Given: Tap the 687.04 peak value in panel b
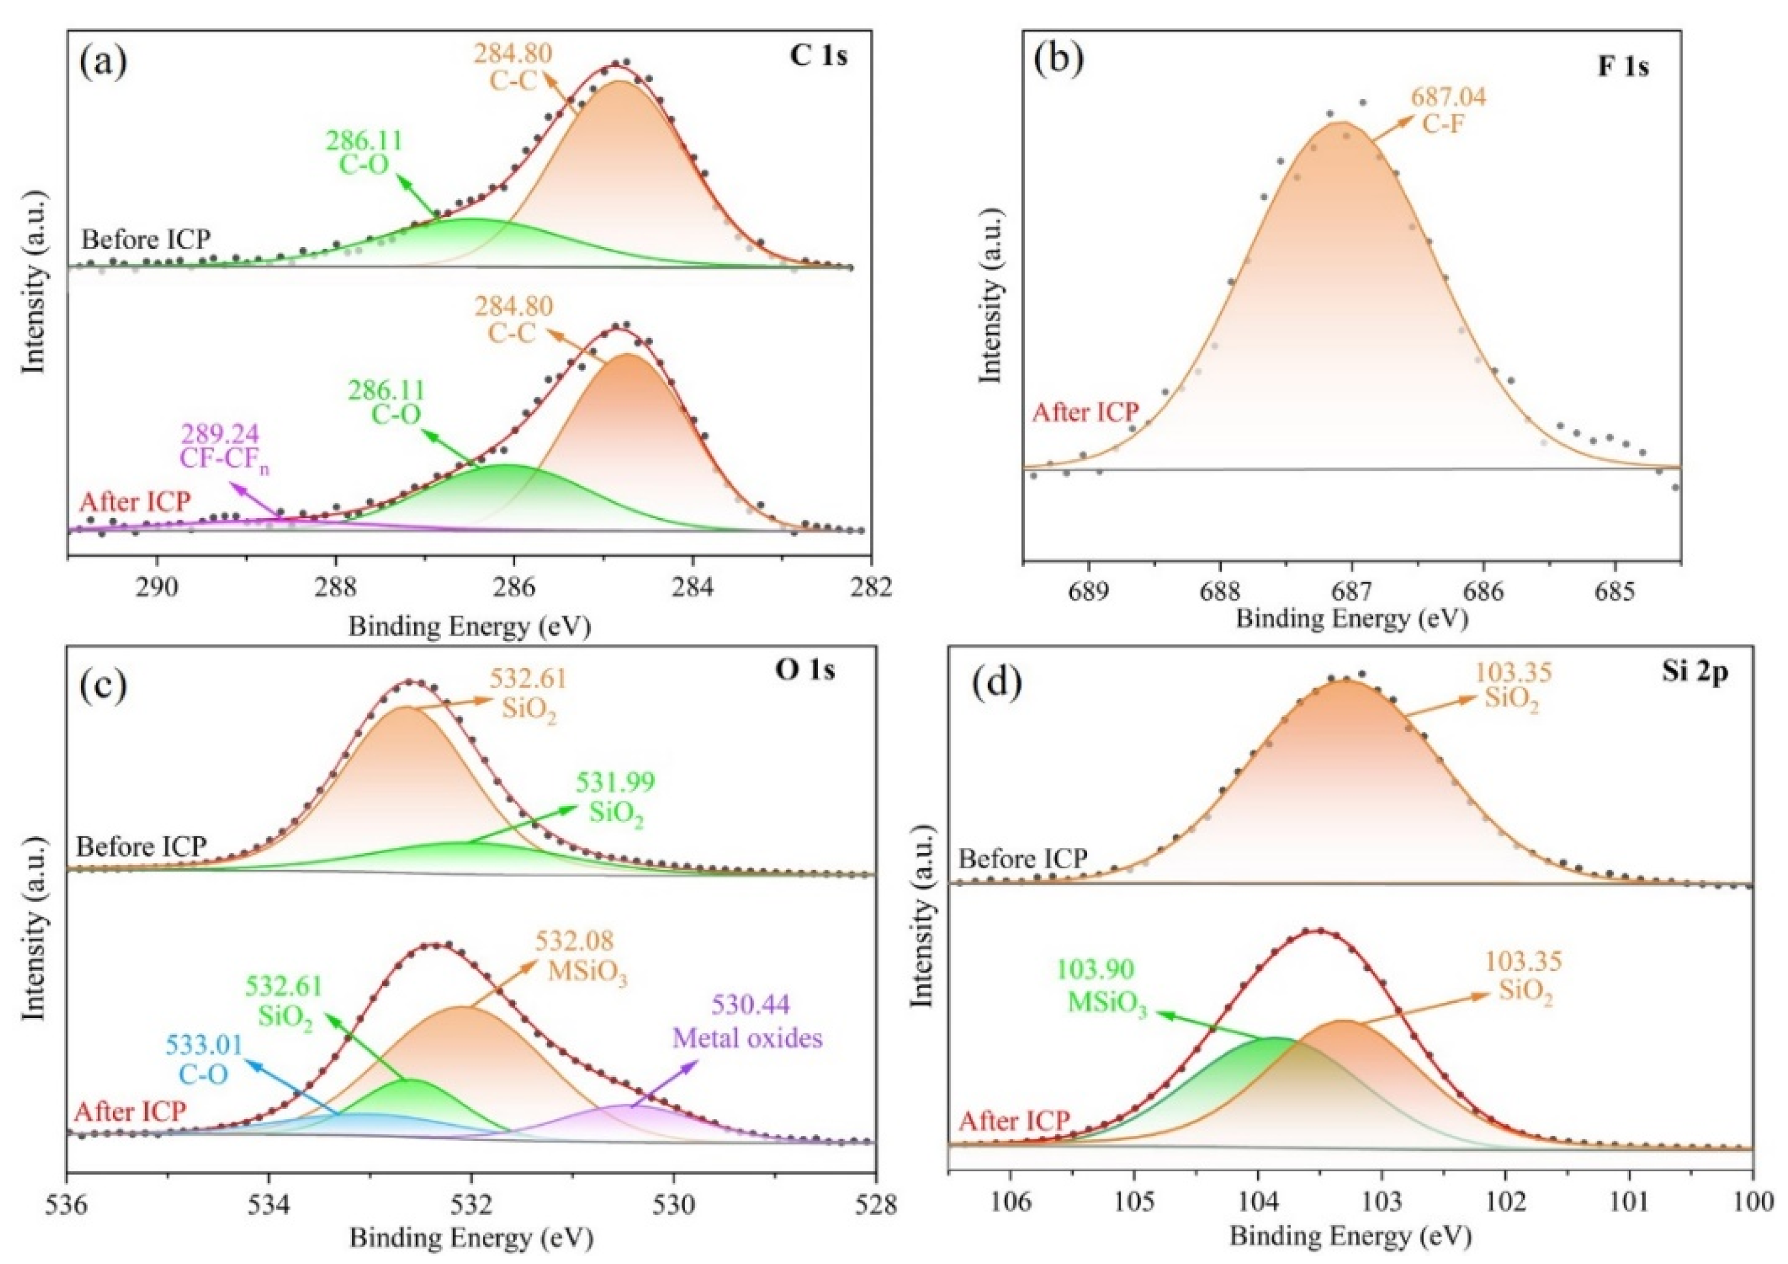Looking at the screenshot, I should (1448, 97).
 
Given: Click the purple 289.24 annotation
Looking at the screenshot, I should (220, 434).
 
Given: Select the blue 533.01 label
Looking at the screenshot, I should (204, 1045).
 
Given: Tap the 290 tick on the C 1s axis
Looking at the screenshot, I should (157, 589).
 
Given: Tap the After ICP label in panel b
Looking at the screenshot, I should (1085, 412).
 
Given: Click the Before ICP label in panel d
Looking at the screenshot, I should (1022, 860).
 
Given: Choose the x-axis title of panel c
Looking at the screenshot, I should (470, 1238).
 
